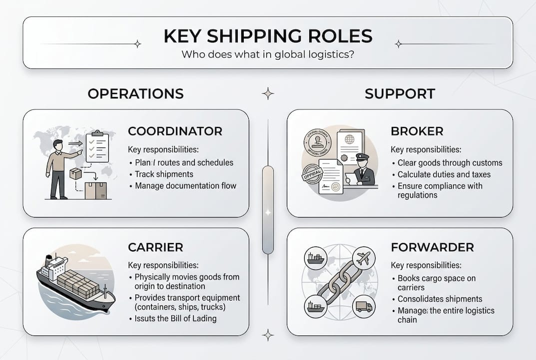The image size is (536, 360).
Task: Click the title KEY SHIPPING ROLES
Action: [x=268, y=36]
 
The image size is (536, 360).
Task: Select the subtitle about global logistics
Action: [x=268, y=54]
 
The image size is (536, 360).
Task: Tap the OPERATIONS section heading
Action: [x=135, y=93]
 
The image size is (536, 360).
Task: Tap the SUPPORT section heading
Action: [x=400, y=93]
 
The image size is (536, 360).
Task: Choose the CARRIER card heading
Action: [x=155, y=247]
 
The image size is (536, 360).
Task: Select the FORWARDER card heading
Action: [x=432, y=247]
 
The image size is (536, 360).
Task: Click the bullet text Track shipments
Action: [x=164, y=174]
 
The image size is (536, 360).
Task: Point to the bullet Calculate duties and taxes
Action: [x=444, y=174]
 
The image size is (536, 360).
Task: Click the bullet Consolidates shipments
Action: [x=440, y=299]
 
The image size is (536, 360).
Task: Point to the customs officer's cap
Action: [x=362, y=157]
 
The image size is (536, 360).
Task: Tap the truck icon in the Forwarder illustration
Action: [x=364, y=306]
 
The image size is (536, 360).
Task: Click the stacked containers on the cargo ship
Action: [x=75, y=282]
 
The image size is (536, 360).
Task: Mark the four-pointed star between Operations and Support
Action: [x=268, y=93]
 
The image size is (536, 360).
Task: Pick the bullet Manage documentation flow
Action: [x=185, y=185]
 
